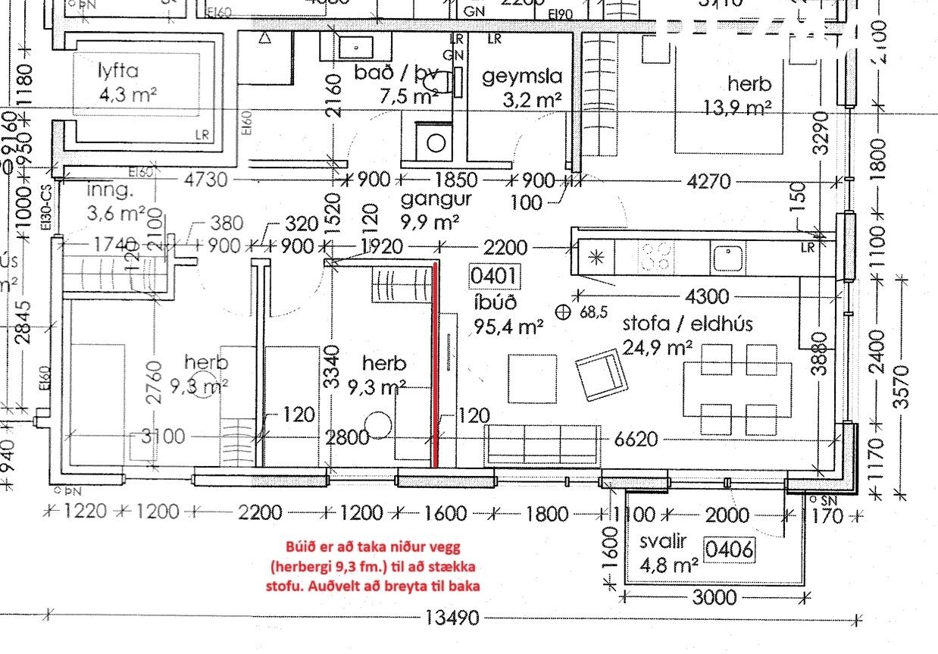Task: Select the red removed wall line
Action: pyautogui.click(x=435, y=364)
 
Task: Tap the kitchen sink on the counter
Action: pyautogui.click(x=728, y=257)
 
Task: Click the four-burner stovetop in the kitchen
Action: pyautogui.click(x=657, y=255)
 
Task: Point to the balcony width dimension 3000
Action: pyautogui.click(x=714, y=597)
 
